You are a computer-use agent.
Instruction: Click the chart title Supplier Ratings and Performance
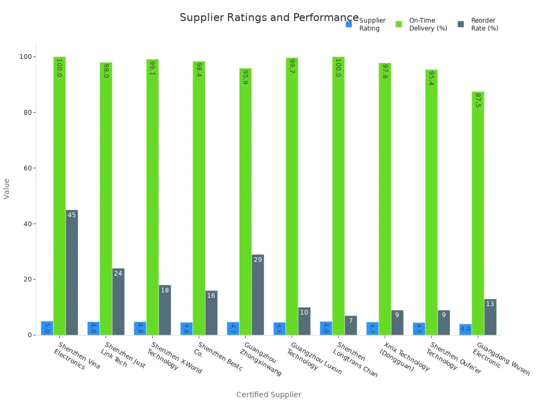(269, 17)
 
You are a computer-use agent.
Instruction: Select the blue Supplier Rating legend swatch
(349, 24)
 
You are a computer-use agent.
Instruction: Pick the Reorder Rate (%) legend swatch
(461, 24)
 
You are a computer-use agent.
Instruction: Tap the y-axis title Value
(7, 188)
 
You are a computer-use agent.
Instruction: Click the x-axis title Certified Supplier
(268, 395)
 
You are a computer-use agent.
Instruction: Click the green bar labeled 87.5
(478, 213)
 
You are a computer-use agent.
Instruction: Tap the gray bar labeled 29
(257, 295)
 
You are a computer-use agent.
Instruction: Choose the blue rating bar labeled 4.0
(465, 330)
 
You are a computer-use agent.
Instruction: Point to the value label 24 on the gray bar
(118, 274)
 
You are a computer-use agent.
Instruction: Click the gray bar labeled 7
(350, 326)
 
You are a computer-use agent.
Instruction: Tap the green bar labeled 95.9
(245, 201)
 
